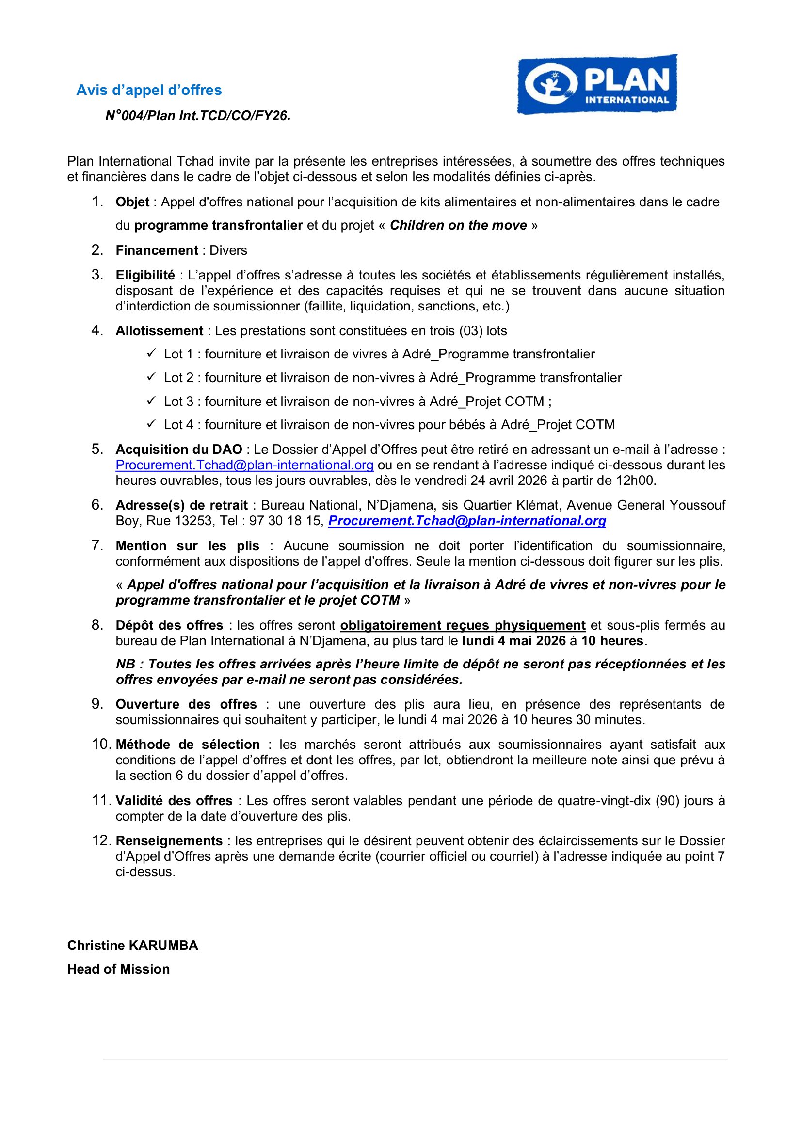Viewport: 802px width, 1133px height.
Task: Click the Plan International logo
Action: (597, 84)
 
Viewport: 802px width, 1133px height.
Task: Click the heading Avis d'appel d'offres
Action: (149, 90)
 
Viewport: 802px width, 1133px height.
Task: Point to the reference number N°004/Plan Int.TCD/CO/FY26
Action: (198, 115)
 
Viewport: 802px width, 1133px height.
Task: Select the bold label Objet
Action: (132, 202)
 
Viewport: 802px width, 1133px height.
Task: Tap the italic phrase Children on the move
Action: (458, 226)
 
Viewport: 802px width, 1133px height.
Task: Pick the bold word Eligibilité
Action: (145, 275)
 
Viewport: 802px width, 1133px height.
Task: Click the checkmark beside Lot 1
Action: (151, 353)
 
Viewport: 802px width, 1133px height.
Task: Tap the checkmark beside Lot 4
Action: (151, 423)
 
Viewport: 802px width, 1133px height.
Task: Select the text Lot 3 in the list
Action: (178, 401)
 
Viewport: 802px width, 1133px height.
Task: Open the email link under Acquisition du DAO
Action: (244, 465)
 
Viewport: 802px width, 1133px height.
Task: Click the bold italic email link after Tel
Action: (466, 521)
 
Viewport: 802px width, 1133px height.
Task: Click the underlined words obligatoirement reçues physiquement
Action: (463, 625)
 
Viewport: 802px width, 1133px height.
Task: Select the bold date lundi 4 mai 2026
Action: (513, 640)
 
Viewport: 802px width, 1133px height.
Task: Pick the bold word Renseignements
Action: (169, 841)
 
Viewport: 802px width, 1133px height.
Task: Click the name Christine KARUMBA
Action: (132, 945)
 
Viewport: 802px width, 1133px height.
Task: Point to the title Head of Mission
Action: (118, 969)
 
